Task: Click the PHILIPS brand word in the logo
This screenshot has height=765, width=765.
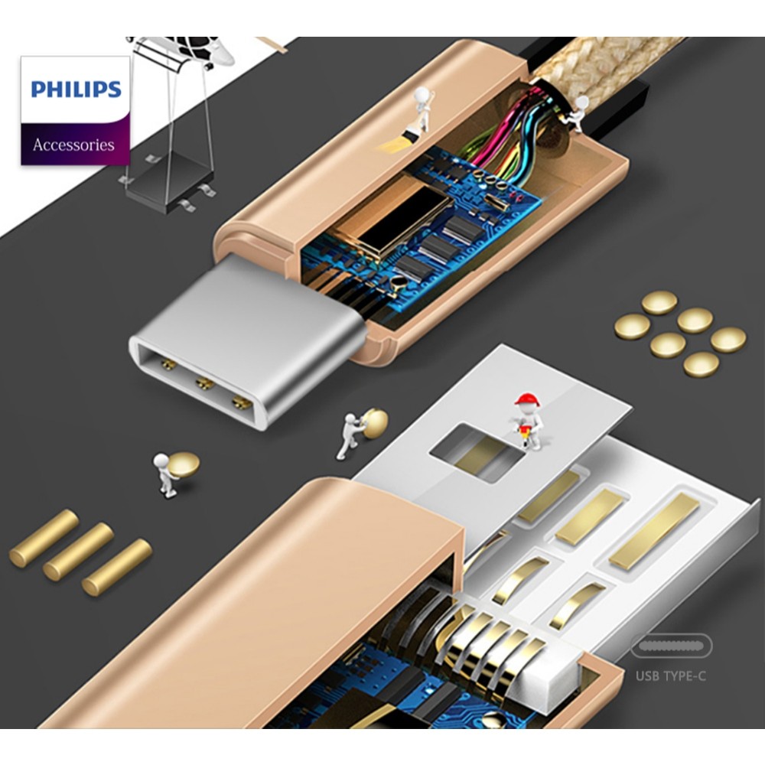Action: pos(76,89)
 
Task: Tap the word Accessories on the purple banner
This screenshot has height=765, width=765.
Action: pos(73,145)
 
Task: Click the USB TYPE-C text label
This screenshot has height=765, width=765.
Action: pos(671,676)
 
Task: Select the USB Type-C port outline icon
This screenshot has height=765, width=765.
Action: pos(672,646)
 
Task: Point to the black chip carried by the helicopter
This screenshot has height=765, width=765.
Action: pos(168,182)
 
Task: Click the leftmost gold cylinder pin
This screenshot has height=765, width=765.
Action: pos(44,538)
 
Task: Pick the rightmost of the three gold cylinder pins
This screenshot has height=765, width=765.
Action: pos(117,567)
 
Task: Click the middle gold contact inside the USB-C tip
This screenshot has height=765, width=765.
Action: pos(205,383)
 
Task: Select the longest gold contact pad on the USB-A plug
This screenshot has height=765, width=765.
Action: pos(655,531)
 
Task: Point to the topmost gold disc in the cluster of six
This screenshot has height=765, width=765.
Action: pos(659,302)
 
